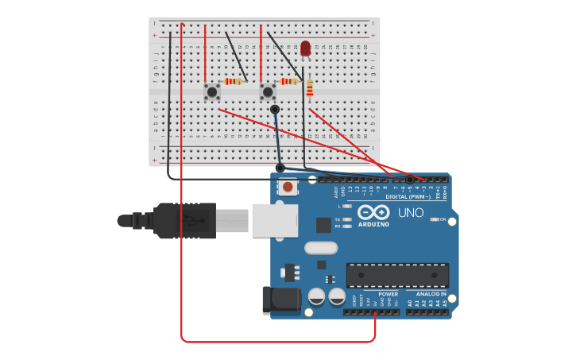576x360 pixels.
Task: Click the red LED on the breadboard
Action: click(306, 48)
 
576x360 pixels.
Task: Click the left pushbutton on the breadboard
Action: click(211, 91)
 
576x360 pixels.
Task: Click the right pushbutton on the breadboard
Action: click(268, 91)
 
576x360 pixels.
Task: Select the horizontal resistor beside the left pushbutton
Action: click(233, 81)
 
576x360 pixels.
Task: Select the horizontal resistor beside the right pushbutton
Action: click(288, 81)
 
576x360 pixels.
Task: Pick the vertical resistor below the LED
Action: click(310, 87)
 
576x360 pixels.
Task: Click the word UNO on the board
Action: click(411, 213)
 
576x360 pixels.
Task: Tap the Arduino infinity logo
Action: click(373, 212)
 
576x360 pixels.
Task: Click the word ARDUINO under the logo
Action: click(373, 224)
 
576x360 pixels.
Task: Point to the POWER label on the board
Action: click(389, 294)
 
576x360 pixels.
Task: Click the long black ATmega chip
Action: click(397, 275)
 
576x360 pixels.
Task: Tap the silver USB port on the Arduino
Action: click(275, 221)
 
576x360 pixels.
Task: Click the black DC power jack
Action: click(281, 300)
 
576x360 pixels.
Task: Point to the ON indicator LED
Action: click(434, 219)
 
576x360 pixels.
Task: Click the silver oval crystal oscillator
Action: click(321, 248)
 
